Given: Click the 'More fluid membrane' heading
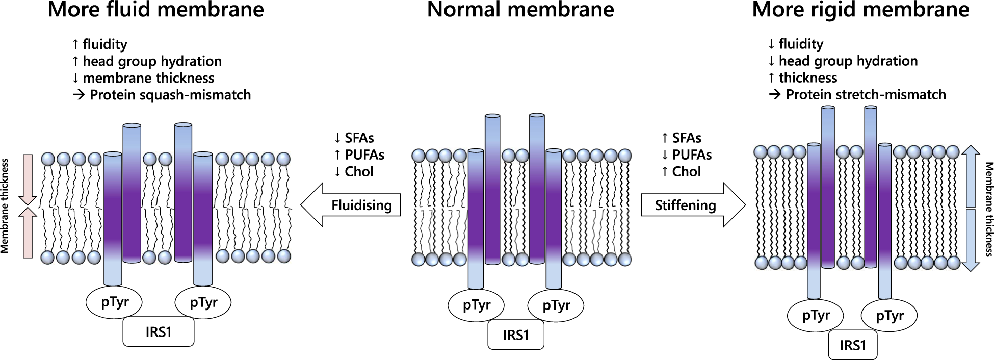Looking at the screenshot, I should click(155, 10).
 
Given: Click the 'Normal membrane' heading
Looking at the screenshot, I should click(520, 10).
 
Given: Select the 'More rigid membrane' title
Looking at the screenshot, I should click(860, 10).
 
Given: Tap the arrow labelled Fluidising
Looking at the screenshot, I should click(351, 205).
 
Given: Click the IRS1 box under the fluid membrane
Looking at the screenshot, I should click(159, 332).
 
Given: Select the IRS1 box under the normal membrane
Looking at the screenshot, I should click(516, 335).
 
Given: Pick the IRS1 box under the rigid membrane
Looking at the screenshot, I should click(853, 345).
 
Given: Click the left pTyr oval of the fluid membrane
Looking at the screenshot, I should click(115, 302).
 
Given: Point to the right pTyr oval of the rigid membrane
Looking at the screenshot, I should click(890, 316).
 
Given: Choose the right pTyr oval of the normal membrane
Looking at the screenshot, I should click(556, 305).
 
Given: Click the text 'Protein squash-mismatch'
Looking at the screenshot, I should click(170, 95).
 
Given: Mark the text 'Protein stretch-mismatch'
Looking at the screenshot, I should click(866, 94).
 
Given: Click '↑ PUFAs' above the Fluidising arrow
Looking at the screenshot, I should click(359, 155).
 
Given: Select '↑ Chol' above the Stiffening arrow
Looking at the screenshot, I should click(681, 171).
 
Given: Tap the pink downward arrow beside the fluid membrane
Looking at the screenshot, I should click(28, 178).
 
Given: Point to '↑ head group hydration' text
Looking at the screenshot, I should click(147, 61).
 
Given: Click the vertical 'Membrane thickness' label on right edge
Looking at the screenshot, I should click(989, 209).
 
